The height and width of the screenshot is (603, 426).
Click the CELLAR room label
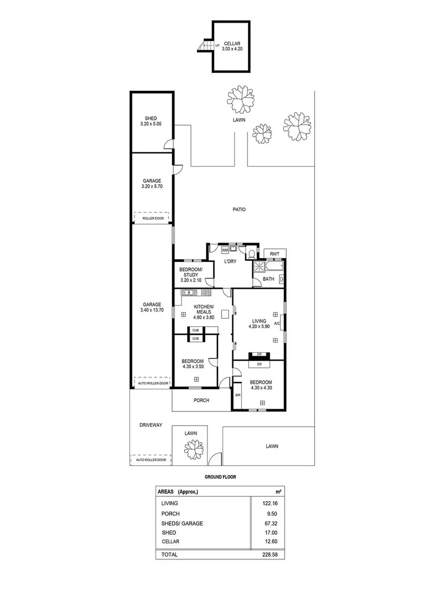tap(231, 44)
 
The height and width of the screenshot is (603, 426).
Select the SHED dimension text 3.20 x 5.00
tap(151, 124)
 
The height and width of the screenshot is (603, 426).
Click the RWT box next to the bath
tap(275, 253)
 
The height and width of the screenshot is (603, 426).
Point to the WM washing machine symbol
tap(224, 249)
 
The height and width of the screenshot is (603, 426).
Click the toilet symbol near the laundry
tap(250, 253)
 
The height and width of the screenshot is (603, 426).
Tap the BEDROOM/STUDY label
tap(188, 272)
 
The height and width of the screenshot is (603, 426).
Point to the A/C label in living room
tap(277, 323)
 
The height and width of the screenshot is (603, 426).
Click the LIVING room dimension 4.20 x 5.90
tap(261, 326)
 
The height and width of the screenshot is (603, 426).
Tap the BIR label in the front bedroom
tap(237, 394)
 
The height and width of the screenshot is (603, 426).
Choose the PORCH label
tap(201, 400)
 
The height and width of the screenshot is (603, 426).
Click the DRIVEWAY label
tap(151, 425)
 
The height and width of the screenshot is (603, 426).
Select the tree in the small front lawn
tap(192, 450)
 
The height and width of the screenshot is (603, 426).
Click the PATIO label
tap(239, 209)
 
